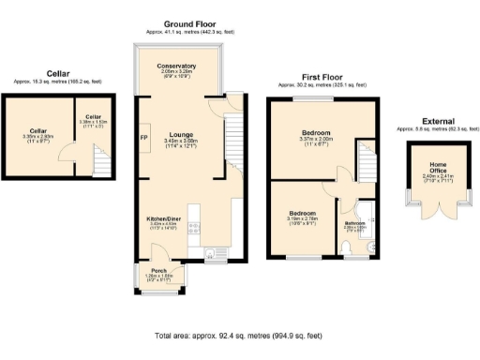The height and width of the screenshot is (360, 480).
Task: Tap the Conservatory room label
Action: tap(176, 66)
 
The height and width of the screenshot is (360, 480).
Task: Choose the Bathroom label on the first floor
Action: tap(353, 222)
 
